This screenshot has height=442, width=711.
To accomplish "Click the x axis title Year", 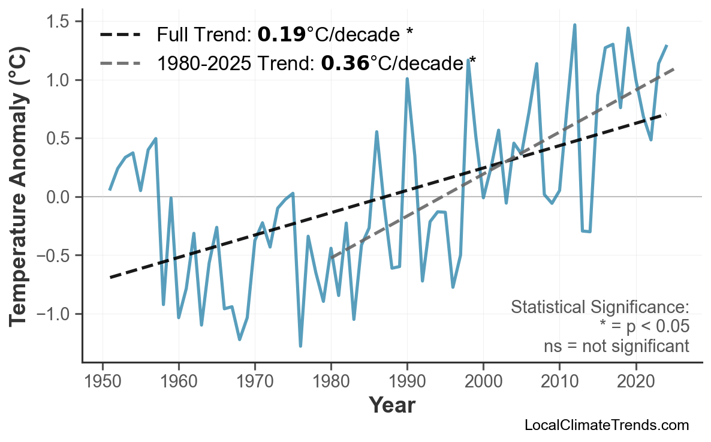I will [x=391, y=405].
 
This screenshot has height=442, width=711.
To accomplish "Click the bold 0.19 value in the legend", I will [x=281, y=35].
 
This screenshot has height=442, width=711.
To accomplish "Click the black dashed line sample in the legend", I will [x=120, y=35].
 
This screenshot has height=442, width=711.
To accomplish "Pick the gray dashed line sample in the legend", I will [x=120, y=62].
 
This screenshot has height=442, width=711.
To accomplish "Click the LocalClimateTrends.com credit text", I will [x=606, y=426].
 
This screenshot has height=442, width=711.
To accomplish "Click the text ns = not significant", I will [x=616, y=346].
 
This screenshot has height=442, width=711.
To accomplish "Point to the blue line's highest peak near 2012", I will [x=574, y=25].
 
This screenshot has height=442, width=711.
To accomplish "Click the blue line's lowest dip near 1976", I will [x=300, y=346].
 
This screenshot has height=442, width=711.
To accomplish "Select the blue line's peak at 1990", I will [x=407, y=79].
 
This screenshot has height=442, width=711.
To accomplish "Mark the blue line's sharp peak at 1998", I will [x=468, y=60].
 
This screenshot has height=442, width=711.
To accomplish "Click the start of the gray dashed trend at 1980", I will [x=331, y=258].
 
